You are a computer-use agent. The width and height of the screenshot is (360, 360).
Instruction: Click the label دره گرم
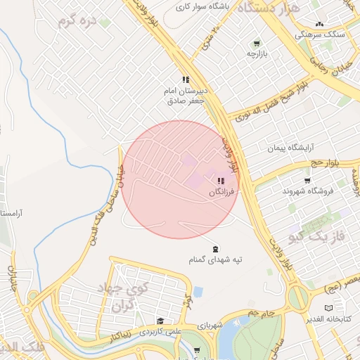[x=77, y=21]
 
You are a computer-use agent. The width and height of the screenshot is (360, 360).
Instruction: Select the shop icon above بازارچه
[x=257, y=43]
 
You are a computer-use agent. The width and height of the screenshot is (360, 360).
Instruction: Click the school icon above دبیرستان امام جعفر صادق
[x=186, y=80]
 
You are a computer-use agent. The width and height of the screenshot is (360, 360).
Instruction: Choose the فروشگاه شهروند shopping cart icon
[x=307, y=180]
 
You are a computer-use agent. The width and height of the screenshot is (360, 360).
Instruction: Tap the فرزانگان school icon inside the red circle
[x=221, y=181]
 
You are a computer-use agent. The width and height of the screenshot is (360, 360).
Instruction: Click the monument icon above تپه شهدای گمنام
[x=214, y=249]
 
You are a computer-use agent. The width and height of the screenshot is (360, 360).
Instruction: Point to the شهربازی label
[x=210, y=326]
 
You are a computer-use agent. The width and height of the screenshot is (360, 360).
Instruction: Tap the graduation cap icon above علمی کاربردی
[x=160, y=321]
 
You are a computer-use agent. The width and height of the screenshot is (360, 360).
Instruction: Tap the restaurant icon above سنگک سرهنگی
[x=320, y=24]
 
